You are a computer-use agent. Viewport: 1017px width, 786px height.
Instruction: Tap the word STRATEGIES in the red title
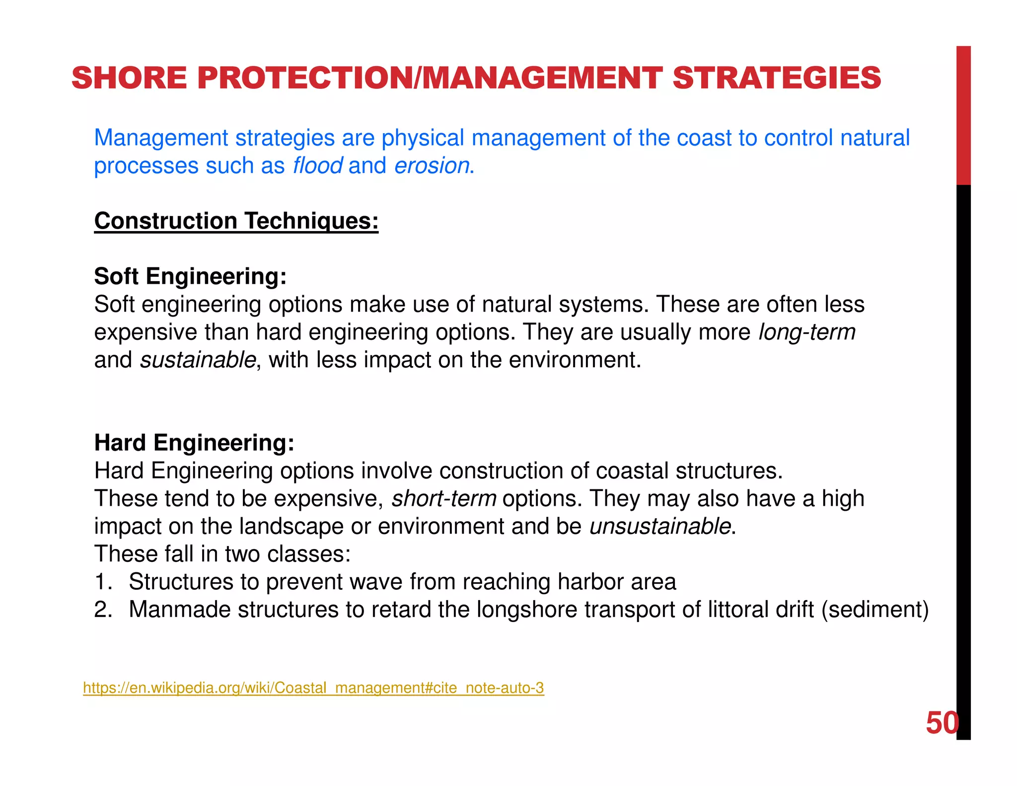click(777, 78)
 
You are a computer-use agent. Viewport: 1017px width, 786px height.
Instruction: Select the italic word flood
click(317, 165)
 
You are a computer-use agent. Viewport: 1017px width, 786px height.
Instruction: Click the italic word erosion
click(432, 165)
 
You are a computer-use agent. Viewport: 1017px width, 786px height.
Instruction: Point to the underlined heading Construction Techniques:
click(236, 221)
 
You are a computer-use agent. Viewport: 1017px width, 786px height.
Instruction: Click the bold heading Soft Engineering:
click(190, 276)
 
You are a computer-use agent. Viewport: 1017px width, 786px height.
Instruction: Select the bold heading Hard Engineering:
click(194, 443)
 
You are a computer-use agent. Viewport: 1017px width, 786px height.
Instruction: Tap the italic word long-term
click(807, 332)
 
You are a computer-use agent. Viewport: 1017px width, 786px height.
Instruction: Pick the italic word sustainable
click(198, 360)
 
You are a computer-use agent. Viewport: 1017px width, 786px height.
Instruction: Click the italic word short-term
click(444, 498)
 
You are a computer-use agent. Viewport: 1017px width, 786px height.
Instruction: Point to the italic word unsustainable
click(660, 526)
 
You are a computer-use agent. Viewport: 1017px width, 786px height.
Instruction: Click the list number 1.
click(103, 582)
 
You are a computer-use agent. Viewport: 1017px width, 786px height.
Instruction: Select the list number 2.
click(103, 610)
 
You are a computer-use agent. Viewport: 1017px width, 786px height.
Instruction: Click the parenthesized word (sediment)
click(875, 610)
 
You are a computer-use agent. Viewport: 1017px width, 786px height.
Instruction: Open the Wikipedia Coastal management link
click(313, 688)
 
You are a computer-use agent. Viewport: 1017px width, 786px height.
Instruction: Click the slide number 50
click(942, 723)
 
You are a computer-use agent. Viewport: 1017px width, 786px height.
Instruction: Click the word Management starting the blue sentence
click(161, 138)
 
